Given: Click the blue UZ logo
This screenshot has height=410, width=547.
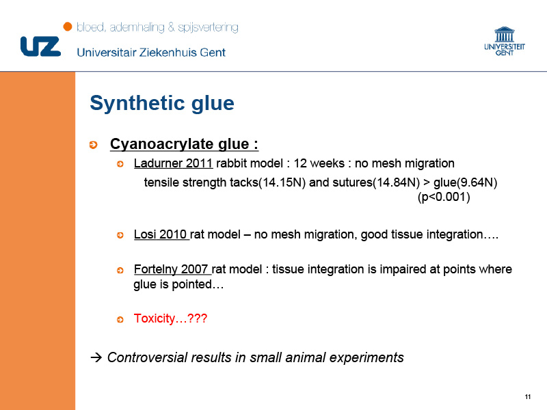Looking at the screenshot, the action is tap(40, 46).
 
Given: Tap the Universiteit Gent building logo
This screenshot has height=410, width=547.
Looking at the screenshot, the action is tap(505, 41).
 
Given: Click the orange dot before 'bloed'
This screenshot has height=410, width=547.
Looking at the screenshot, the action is tap(68, 27).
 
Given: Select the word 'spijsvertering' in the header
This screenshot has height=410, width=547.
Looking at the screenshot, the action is tap(209, 27).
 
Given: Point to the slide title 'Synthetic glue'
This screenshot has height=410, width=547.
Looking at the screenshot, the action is tap(162, 103).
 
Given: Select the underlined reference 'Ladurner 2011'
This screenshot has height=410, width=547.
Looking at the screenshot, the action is tap(173, 163).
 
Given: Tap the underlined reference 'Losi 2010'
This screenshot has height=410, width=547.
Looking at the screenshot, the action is tap(161, 234).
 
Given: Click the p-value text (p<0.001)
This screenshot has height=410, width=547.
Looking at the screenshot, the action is tap(444, 197).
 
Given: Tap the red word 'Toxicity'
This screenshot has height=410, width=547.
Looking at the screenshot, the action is tap(155, 318).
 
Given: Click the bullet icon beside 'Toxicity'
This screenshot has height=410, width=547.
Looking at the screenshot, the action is tap(120, 319).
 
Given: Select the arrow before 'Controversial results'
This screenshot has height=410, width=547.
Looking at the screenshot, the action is tap(96, 357).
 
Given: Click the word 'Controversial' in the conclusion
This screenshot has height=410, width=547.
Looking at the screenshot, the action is tap(147, 357).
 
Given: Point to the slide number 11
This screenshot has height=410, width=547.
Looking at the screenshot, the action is tap(527, 397).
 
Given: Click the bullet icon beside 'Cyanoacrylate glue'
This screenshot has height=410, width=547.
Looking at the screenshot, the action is tap(93, 145).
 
